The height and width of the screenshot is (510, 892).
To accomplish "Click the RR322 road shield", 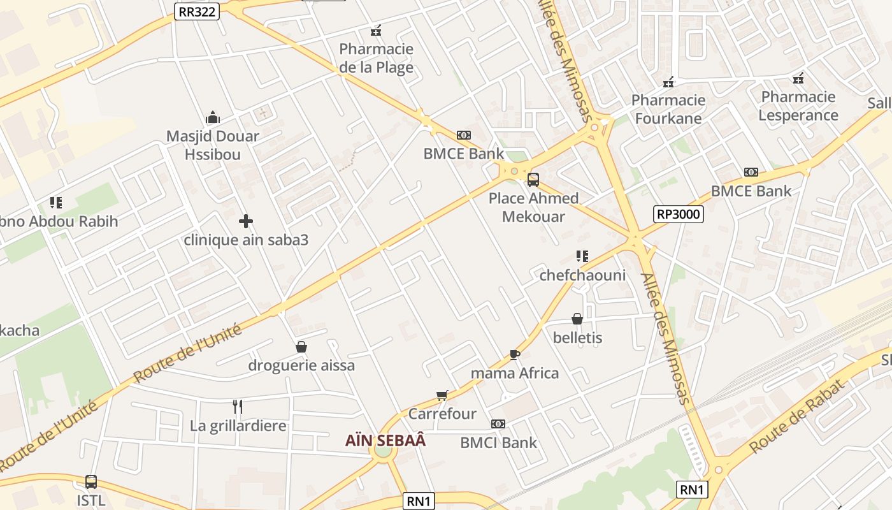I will point(196,10).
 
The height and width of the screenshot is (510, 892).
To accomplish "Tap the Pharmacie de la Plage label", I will point(376,58).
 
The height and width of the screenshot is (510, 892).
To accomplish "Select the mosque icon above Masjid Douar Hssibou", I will point(213,117).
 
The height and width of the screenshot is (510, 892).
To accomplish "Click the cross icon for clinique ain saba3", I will point(246,221).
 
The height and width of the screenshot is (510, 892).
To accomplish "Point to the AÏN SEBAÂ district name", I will point(385,441).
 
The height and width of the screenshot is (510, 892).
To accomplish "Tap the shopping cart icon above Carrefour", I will point(442,395).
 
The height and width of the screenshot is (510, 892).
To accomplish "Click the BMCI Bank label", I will point(498,442).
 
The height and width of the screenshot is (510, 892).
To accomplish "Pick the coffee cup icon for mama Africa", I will point(515,354).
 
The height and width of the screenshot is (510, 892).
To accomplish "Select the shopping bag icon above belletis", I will point(577,319).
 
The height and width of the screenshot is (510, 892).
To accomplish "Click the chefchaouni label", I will point(582,275).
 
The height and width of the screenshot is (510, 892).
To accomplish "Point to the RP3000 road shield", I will point(679,214).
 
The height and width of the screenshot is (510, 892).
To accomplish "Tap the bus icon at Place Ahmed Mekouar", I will point(533,180).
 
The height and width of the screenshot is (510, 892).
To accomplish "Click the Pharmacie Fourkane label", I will point(668,109).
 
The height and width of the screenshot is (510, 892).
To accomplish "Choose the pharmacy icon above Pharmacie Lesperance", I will point(798,79).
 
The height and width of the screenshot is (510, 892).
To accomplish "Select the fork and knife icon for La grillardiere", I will point(238,407).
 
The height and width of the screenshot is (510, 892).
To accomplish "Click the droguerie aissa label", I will point(301,366).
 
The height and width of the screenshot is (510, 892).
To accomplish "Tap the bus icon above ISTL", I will point(91,482).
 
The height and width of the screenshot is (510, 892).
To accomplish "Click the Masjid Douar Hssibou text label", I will point(213,145).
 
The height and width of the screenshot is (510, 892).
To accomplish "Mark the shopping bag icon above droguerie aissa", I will point(301,347).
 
